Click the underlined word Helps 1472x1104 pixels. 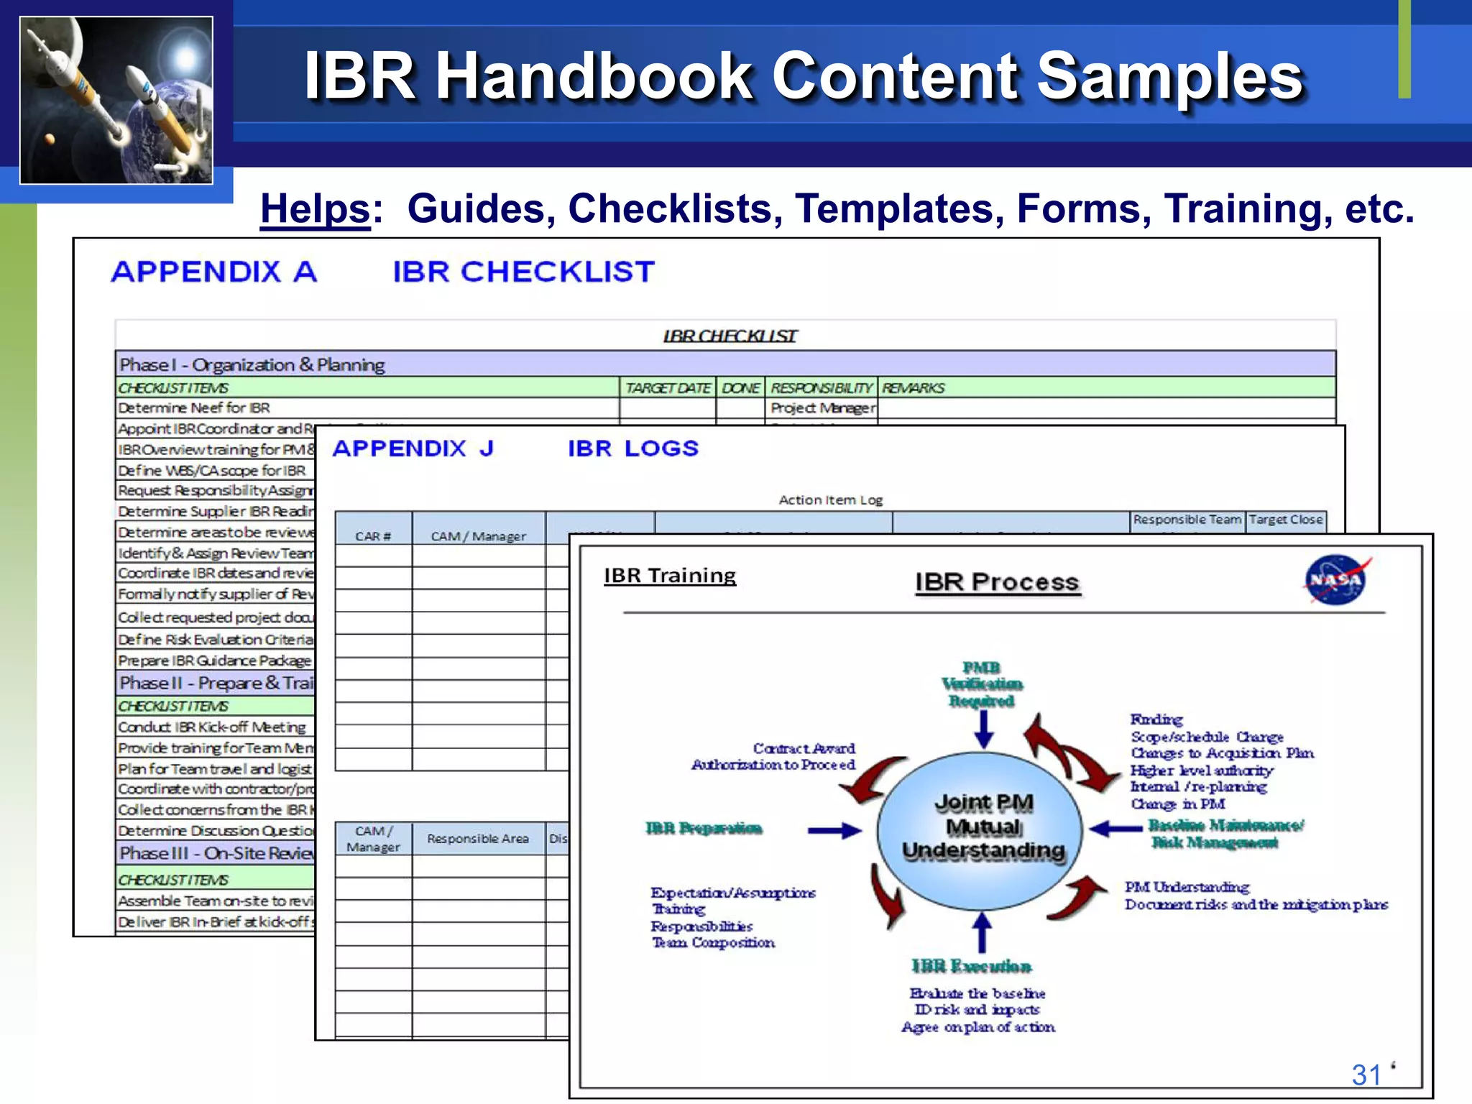315,209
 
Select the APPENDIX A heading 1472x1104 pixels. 214,272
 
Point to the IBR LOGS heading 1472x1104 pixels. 632,448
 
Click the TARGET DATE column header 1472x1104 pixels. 668,388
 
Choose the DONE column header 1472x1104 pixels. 740,388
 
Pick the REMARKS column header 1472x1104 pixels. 913,388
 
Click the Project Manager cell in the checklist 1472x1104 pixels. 822,408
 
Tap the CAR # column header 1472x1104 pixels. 373,536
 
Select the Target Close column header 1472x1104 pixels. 1285,520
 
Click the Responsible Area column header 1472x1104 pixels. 477,839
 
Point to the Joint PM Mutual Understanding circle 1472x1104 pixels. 982,827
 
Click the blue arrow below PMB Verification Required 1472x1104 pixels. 984,730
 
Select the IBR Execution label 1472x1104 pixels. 971,966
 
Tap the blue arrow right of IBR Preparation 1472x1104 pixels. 834,831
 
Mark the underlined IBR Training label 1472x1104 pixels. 670,576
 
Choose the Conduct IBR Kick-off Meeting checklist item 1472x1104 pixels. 212,727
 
